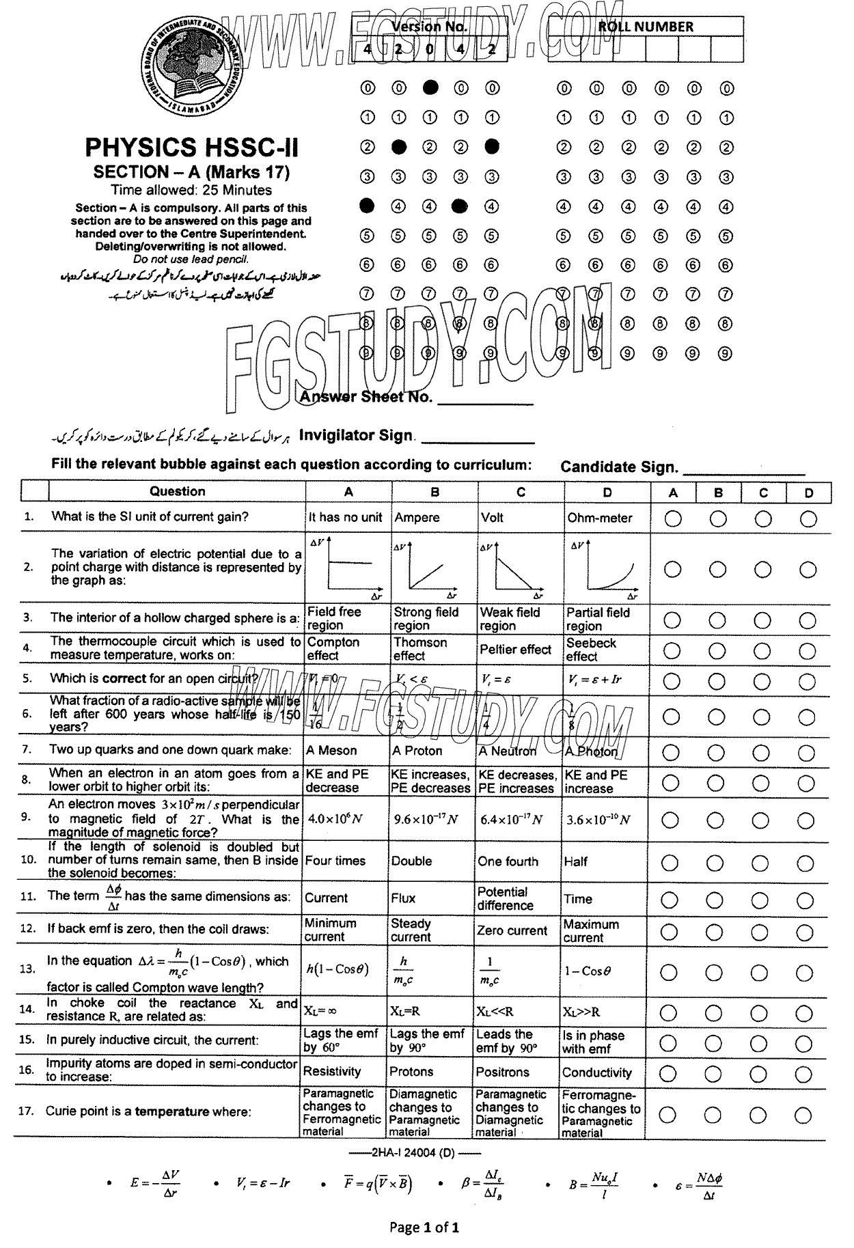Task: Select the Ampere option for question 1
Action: tap(417, 518)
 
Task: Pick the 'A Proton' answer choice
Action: tap(417, 751)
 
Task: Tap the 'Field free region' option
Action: tap(333, 618)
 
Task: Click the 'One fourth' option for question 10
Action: tap(508, 861)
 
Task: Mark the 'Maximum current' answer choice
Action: tap(591, 930)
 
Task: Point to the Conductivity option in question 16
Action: tap(596, 1072)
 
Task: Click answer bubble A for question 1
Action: tap(672, 519)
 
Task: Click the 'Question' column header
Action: tap(177, 491)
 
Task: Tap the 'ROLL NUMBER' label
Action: tap(646, 27)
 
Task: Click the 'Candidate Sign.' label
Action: tap(619, 467)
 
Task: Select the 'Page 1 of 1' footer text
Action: tap(424, 1227)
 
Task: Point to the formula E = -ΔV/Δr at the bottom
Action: tap(156, 1183)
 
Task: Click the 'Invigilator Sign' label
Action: tap(356, 435)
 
